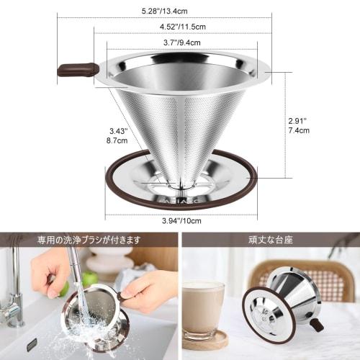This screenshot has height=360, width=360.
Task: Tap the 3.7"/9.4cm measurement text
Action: click(x=179, y=43)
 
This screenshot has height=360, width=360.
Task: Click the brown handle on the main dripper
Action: click(x=78, y=70)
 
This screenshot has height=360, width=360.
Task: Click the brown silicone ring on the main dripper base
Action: click(x=245, y=173)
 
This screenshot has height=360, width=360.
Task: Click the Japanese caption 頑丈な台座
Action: click(x=270, y=239)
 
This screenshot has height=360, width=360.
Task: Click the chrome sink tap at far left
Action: click(x=12, y=302)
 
